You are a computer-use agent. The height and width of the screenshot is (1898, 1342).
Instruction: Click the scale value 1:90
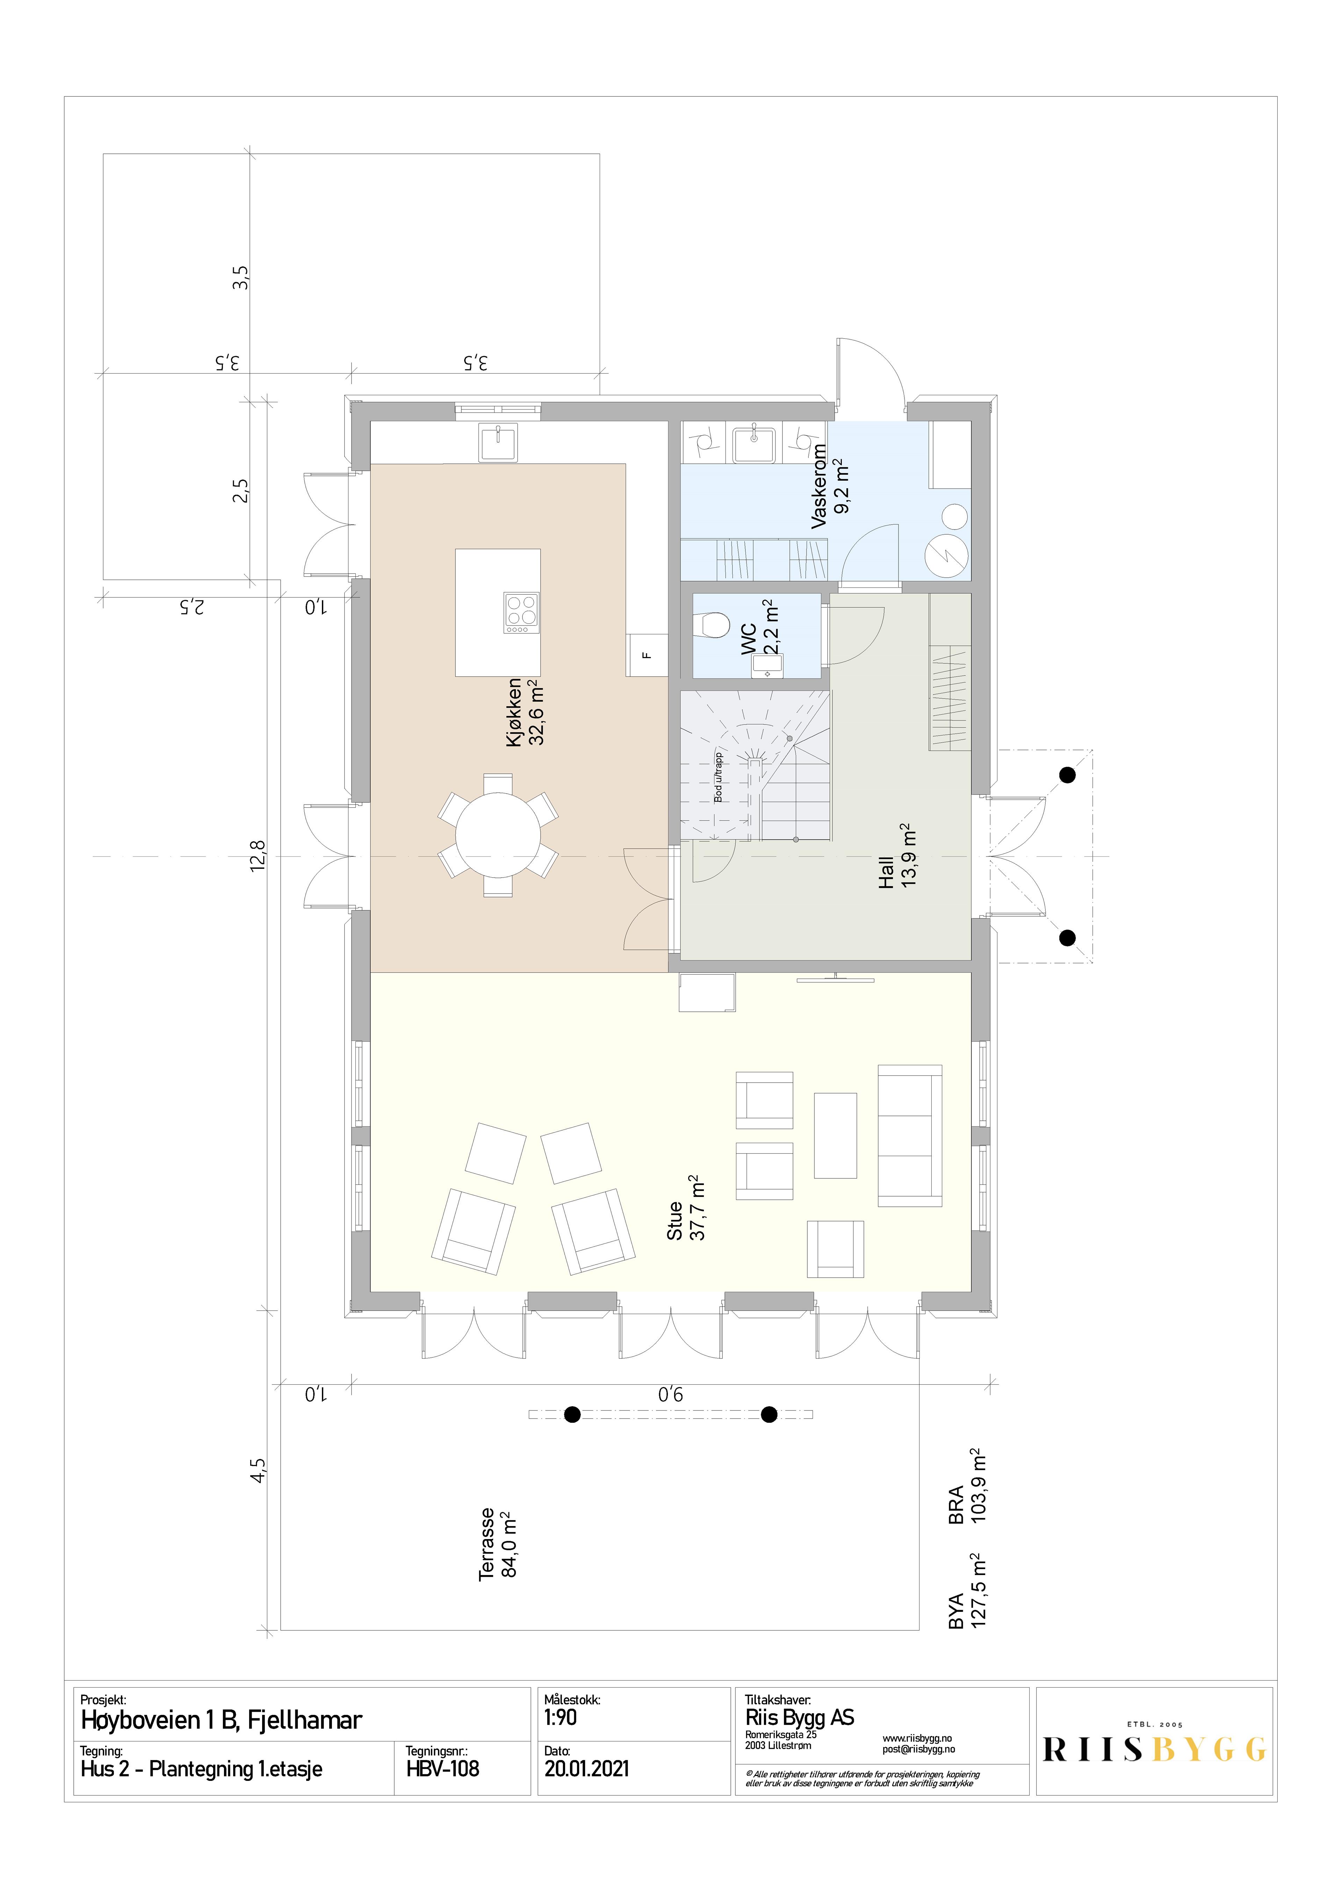pos(561,1718)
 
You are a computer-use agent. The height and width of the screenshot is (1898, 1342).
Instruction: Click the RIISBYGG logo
pos(1154,1750)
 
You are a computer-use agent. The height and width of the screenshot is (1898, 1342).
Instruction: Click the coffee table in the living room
pos(835,1135)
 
